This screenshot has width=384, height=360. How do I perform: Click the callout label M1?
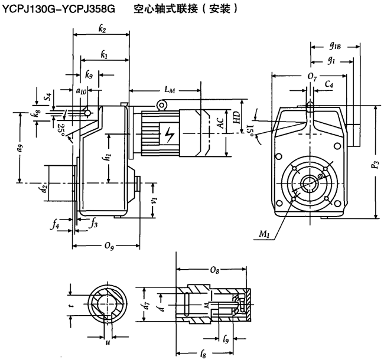[264, 234]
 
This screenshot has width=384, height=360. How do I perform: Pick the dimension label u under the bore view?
[108, 342]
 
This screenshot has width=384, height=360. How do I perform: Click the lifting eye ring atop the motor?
[160, 104]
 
